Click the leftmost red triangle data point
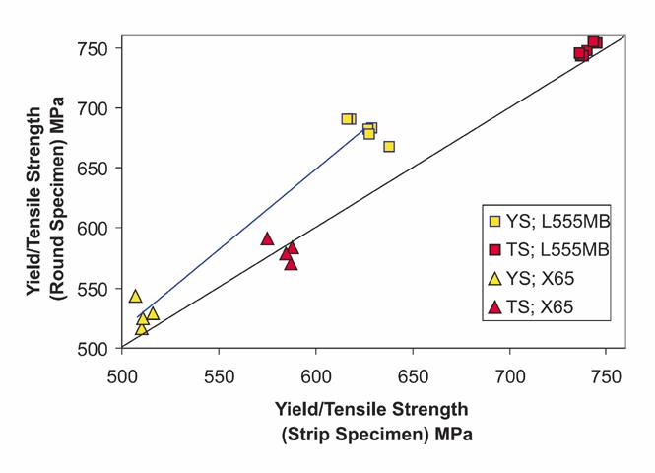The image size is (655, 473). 267,238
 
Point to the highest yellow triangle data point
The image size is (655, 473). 135,296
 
